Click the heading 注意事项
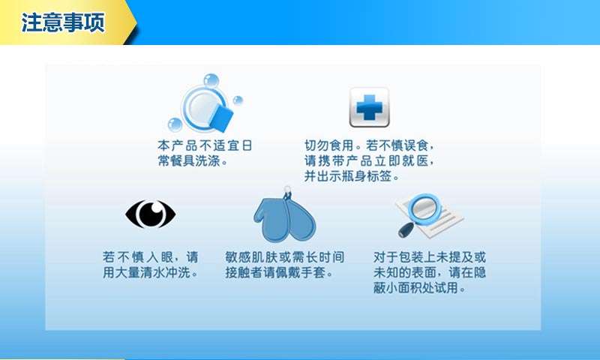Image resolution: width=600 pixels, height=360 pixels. coord(63,22)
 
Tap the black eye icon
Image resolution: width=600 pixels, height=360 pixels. coord(151,214)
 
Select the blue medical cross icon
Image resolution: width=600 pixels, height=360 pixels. coord(369,107)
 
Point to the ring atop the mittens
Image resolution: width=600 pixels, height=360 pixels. coord(287,190)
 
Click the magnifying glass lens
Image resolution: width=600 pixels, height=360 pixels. coord(424,209)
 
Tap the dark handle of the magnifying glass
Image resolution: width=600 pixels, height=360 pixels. coord(406,230)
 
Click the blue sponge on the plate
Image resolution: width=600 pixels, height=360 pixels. coord(221,118)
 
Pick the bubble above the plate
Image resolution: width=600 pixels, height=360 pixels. coord(211,81)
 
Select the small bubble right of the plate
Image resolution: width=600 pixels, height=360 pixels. coord(238,100)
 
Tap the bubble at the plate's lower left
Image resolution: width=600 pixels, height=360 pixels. coord(175,124)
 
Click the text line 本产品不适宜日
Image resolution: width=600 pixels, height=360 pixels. coord(205,145)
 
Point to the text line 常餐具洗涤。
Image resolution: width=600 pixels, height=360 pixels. coord(193,160)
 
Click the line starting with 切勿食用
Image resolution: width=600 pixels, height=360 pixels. coord(369,145)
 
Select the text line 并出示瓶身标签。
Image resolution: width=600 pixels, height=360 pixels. coord(352,176)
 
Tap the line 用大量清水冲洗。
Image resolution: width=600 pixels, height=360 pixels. coord(151,272)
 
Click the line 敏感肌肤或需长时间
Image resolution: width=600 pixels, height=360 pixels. coord(285,256)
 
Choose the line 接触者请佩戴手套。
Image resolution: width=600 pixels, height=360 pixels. coord(279,272)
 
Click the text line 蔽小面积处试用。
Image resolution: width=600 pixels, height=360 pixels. coord(419,287)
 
